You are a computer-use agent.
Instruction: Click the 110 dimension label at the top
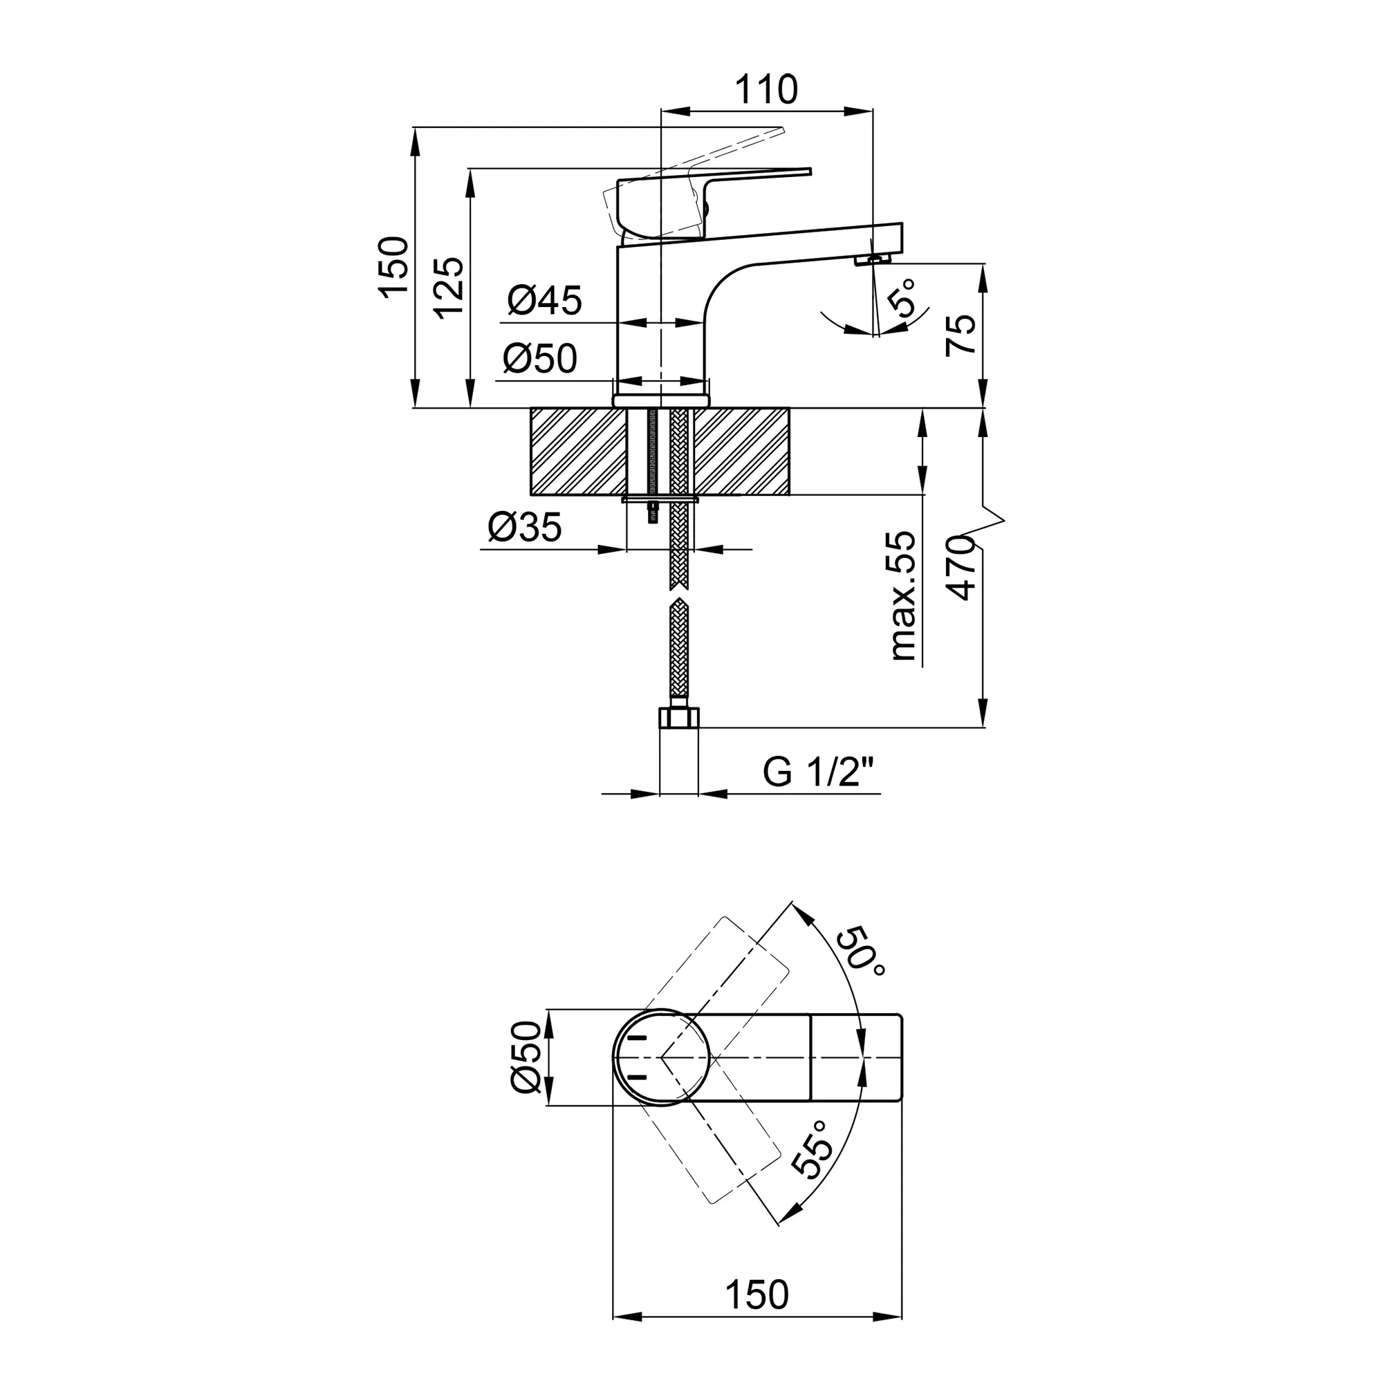[x=766, y=89]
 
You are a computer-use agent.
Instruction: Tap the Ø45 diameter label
[x=545, y=300]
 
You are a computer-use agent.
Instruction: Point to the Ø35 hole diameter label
[x=525, y=528]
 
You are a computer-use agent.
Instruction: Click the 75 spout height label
[x=960, y=334]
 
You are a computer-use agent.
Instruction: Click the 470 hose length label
[x=960, y=568]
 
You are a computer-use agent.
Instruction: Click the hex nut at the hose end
[x=678, y=718]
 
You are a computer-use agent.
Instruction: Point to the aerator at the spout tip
[x=872, y=259]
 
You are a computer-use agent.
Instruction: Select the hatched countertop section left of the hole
[x=578, y=452]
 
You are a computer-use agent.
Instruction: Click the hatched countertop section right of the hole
[x=741, y=452]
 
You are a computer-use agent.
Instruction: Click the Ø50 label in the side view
[x=540, y=358]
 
